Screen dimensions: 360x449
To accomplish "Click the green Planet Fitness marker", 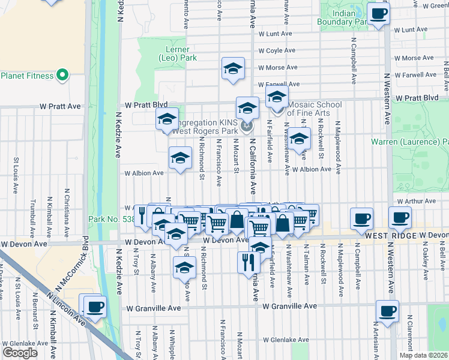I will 62,76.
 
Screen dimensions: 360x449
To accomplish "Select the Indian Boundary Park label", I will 351,17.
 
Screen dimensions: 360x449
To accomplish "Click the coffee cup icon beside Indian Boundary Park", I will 378,14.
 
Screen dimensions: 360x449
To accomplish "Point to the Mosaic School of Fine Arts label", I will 315,109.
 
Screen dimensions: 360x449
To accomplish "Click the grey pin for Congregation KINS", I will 247,125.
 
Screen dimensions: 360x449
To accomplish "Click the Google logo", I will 20,353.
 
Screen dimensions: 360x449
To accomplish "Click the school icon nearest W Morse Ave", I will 233,69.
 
